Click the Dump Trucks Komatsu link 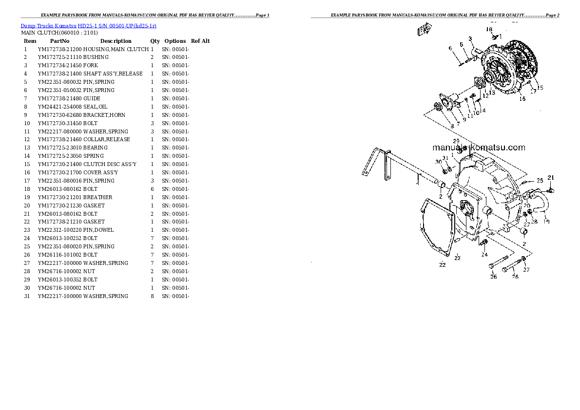point(48,26)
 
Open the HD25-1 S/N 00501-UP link point(117,26)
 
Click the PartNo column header point(59,41)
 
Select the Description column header point(116,41)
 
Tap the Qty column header point(155,41)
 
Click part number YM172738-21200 point(59,49)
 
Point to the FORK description point(91,65)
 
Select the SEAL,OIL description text point(95,107)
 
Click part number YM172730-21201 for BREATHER point(59,197)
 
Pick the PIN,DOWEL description point(98,230)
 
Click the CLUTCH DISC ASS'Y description point(110,164)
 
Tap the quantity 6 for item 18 point(152,189)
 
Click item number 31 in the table point(27,296)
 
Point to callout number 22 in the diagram point(443,265)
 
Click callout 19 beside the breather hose point(547,222)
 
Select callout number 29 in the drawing point(456,141)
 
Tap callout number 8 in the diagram point(452,127)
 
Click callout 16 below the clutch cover point(522,99)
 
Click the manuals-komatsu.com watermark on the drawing point(479,148)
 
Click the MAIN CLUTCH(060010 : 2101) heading point(59,33)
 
